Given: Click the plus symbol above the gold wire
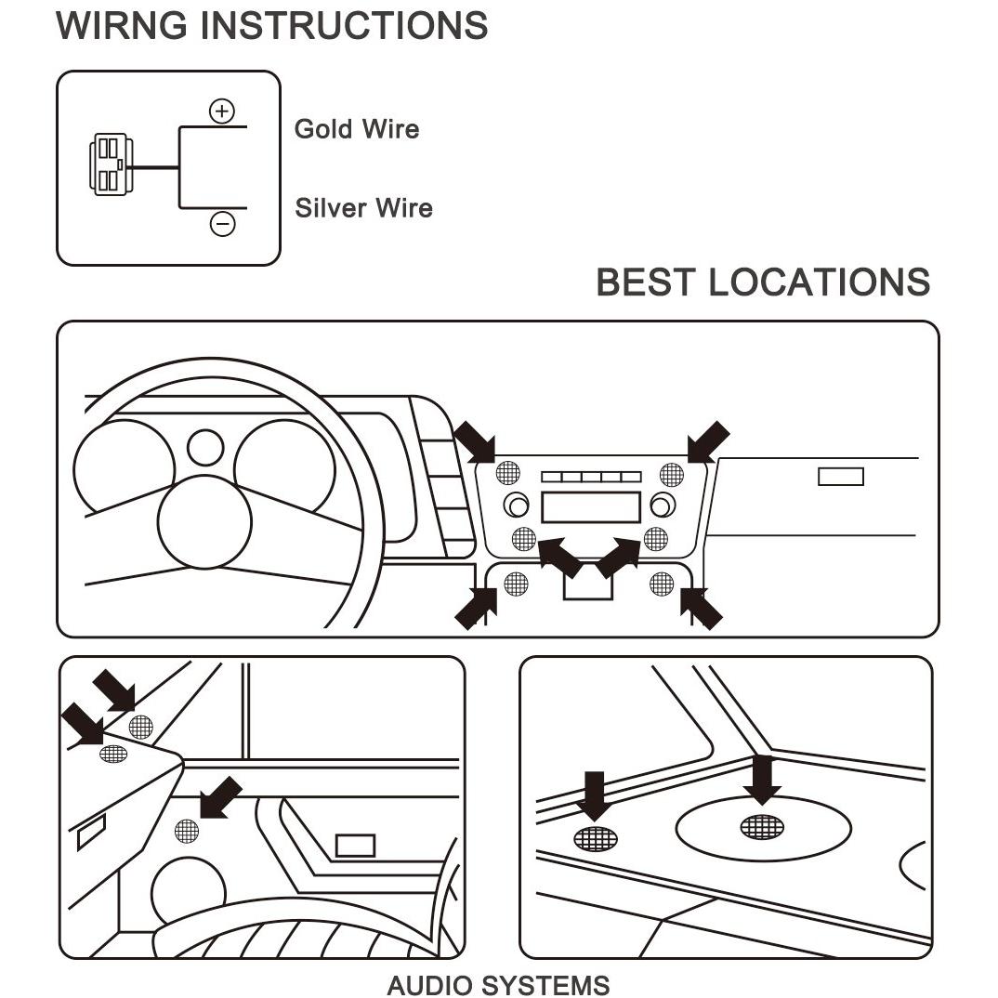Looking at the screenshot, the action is pos(221,112).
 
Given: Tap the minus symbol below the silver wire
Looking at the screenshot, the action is pos(222,223).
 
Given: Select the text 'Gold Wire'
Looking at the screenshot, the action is pos(357,129).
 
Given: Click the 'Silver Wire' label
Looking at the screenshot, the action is pos(363,208).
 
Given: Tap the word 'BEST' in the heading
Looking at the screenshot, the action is pos(646,282).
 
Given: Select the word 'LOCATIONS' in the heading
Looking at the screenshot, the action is pos(820,282).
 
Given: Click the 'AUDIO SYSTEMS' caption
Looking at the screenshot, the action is pos(498,985).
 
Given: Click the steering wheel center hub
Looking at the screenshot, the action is pos(204,522).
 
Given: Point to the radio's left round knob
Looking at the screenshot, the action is pos(516,506).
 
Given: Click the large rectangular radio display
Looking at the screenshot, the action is pos(591,507).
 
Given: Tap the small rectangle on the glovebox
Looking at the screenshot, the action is pos(841,477).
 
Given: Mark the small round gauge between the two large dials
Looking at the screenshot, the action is pos(205,448).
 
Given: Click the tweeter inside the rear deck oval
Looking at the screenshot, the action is pos(762,827).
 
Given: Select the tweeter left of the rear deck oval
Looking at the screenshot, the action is pos(596,839).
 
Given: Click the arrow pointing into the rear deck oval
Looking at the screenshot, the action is pos(762,781).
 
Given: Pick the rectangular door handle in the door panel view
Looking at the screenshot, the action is pos(355,846).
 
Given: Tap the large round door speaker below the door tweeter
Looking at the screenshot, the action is pos(189,892).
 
